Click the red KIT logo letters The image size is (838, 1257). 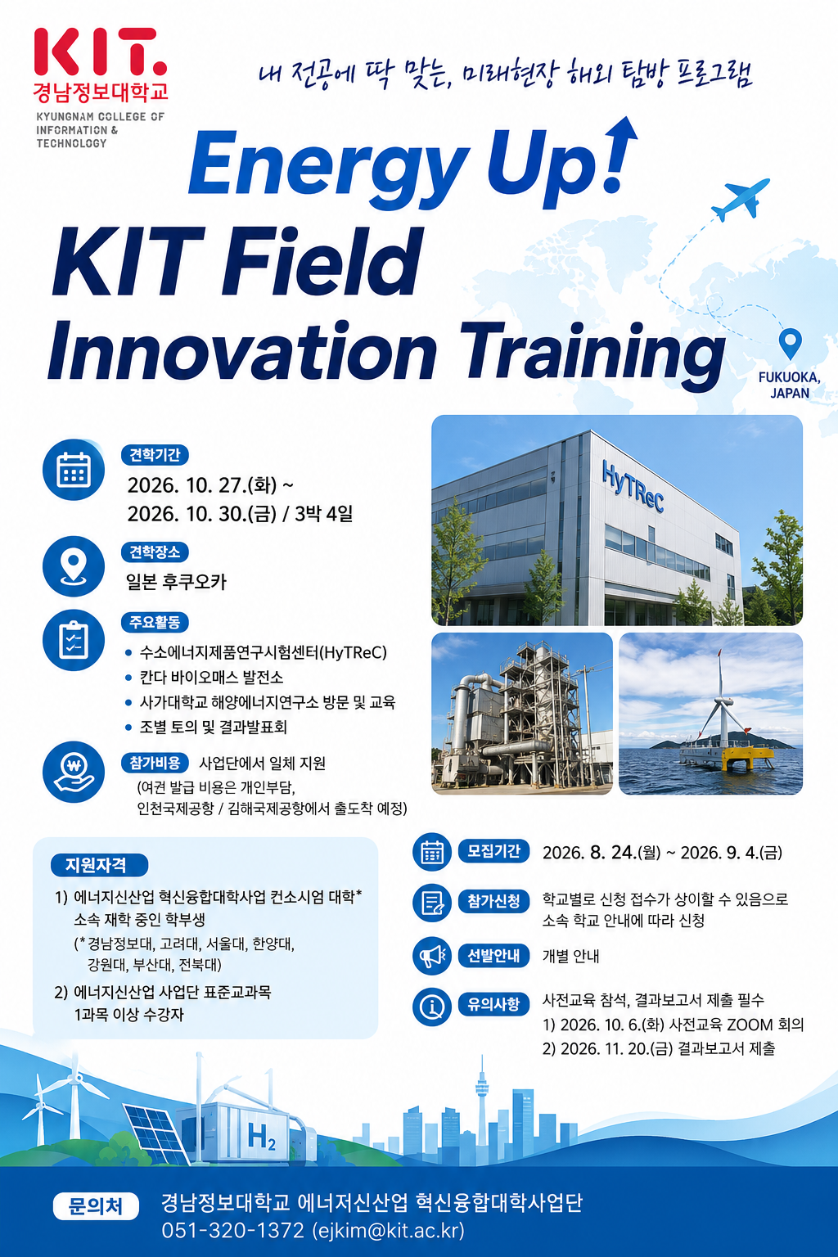pos(100,52)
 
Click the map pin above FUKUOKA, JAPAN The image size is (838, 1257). pos(791,344)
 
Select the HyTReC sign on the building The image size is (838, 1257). pos(633,487)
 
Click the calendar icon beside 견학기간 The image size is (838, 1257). pos(74,469)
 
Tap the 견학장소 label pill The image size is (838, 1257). pos(155,552)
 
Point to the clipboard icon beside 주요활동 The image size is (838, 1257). pos(74,640)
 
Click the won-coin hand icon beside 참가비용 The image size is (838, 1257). pos(74,772)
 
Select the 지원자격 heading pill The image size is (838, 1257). pos(99,865)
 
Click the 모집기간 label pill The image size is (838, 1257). pos(494,851)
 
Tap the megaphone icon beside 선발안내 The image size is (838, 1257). pos(432,956)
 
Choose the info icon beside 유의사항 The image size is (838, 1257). pos(432,1007)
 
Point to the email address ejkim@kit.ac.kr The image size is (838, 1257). pos(388,1230)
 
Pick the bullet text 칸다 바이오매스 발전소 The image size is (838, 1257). pos(212,678)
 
